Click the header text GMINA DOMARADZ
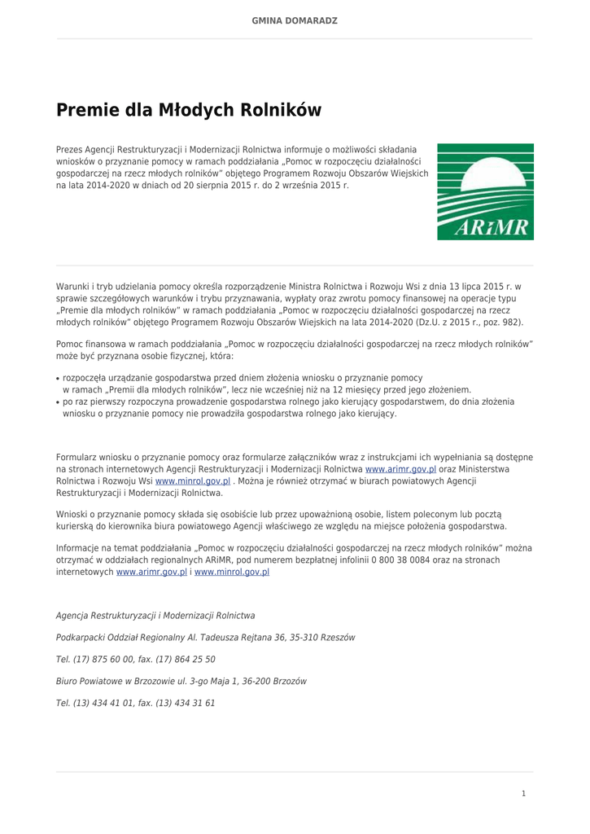click(295, 20)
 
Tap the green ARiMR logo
click(485, 191)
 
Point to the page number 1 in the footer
click(523, 793)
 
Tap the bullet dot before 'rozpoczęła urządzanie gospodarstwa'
click(58, 379)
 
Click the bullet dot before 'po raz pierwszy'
click(58, 402)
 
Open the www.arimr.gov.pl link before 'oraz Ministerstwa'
click(400, 470)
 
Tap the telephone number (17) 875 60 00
click(104, 660)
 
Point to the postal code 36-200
click(260, 681)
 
